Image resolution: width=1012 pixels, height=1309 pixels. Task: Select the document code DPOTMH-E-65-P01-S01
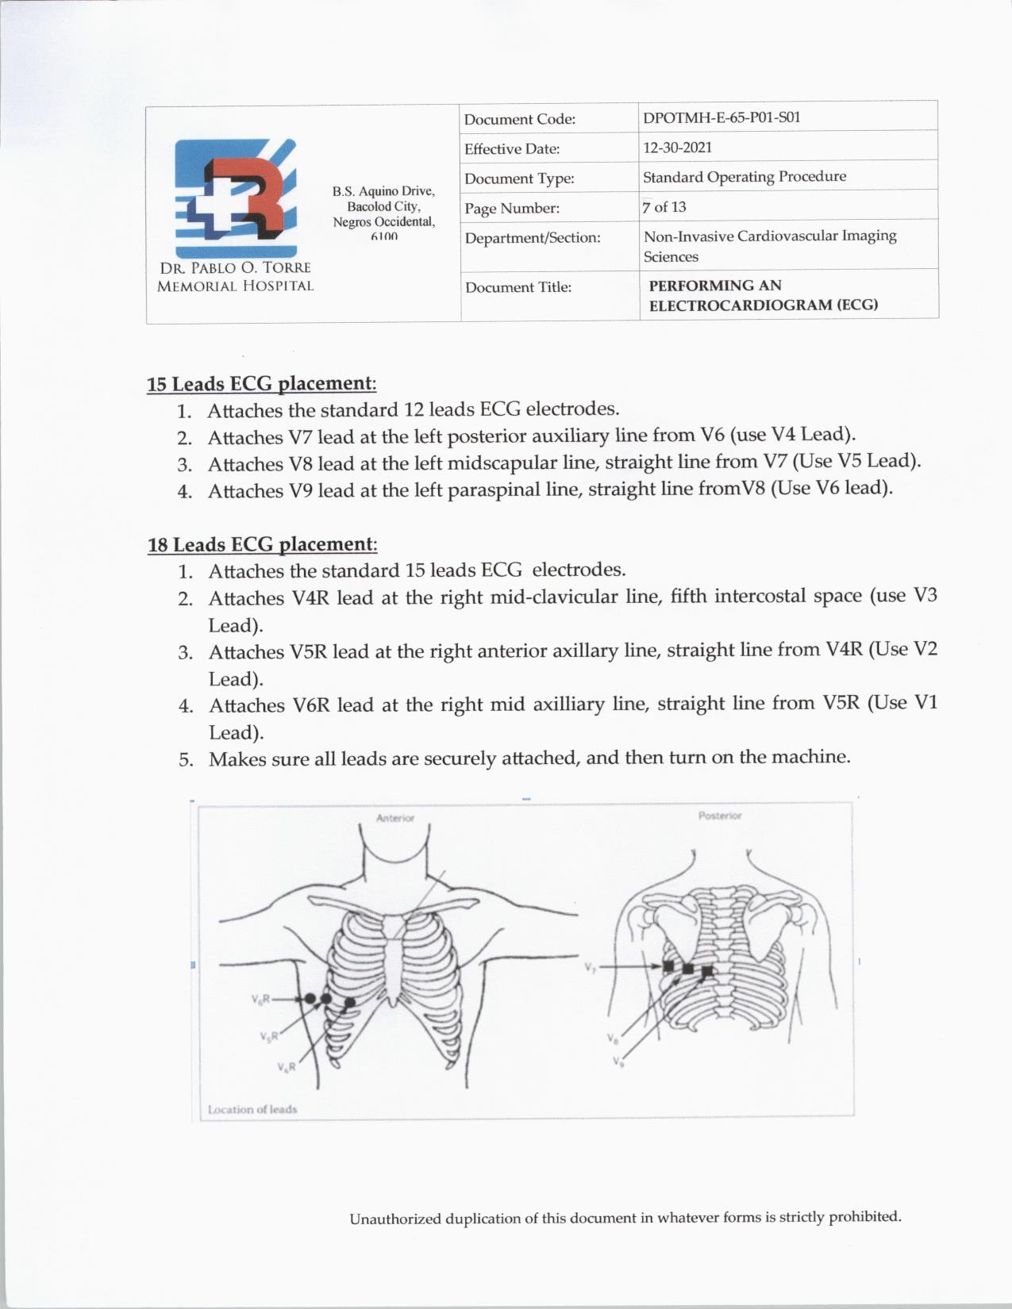[x=721, y=117]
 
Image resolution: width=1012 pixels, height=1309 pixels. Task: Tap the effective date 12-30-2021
[x=677, y=148]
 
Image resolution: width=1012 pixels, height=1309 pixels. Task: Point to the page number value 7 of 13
[x=664, y=207]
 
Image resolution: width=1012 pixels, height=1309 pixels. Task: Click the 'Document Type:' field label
[x=519, y=178]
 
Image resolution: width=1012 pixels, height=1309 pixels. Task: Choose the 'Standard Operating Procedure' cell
[x=744, y=176]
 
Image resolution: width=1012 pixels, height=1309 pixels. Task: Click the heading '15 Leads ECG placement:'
[x=261, y=384]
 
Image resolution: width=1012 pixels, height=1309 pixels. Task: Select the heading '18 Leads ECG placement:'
[x=262, y=544]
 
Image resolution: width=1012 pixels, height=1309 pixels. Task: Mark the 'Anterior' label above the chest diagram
[x=395, y=818]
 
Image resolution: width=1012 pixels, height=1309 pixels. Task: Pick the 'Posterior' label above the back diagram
[x=720, y=816]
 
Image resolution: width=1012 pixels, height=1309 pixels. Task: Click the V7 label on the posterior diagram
[x=590, y=968]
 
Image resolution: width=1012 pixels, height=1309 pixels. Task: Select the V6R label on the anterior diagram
[x=262, y=999]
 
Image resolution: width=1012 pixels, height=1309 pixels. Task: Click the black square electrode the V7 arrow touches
[x=668, y=966]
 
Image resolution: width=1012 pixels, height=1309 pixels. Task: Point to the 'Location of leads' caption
[x=252, y=1109]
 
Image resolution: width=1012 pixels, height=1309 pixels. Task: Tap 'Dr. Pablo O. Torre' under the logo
[x=235, y=268]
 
